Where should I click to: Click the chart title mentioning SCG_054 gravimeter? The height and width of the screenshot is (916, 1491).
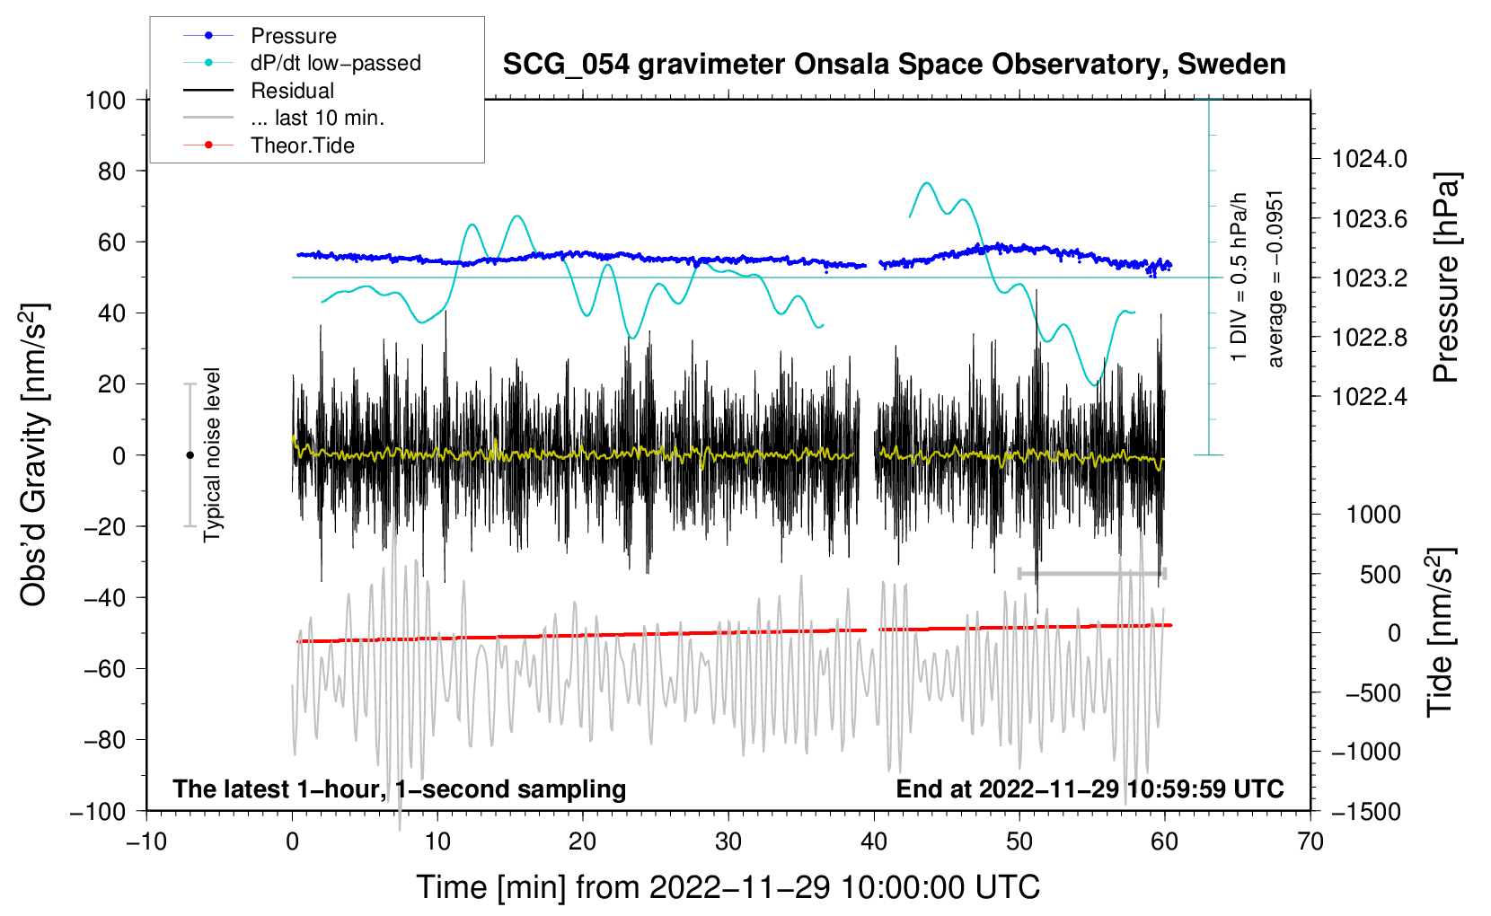[x=894, y=65]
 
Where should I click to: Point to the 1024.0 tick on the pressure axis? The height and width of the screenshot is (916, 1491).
[x=1370, y=159]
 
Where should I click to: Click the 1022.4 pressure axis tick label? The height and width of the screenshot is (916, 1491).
[x=1370, y=397]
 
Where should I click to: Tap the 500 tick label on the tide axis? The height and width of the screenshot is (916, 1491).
[x=1380, y=575]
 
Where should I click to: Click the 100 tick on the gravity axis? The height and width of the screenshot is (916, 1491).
[x=106, y=101]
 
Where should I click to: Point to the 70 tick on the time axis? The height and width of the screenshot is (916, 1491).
[x=1310, y=841]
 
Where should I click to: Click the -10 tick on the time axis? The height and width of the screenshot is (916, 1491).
[x=146, y=841]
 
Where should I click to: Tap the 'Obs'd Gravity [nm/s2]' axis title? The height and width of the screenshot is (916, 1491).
[x=34, y=454]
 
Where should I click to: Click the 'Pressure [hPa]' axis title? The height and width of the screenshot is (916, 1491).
[x=1446, y=277]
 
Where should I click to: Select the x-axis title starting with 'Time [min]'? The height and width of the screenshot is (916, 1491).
[x=728, y=887]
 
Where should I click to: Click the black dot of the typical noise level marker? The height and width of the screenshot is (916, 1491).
[x=190, y=455]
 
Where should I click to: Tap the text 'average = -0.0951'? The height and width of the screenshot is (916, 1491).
[x=1275, y=279]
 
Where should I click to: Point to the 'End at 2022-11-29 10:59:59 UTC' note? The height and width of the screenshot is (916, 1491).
[x=1090, y=788]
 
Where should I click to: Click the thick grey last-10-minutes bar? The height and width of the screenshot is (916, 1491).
[x=1091, y=573]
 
